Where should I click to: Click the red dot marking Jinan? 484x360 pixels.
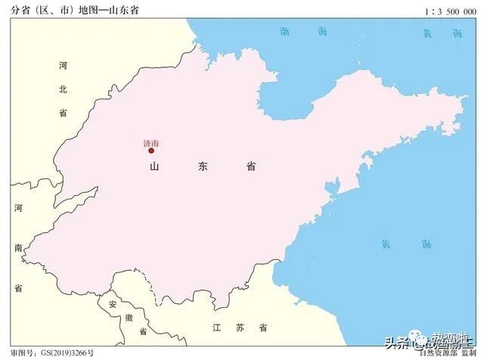(x=151, y=151)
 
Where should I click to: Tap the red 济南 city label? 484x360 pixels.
(x=150, y=142)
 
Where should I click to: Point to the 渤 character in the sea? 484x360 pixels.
(x=284, y=32)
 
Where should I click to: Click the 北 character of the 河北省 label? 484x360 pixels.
(x=64, y=88)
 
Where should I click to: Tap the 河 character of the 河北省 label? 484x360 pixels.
(x=64, y=66)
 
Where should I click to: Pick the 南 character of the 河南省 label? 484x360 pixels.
(x=18, y=247)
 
